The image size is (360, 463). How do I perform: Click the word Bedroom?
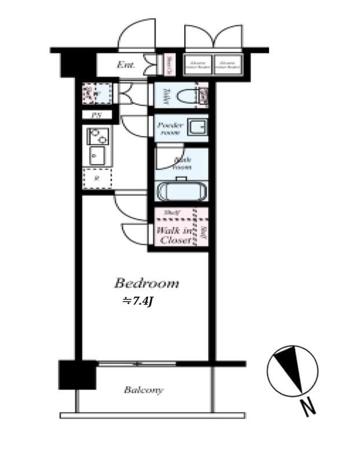[146, 284]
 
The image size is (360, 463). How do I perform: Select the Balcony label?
[144, 390]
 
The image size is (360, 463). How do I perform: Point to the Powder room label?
[170, 128]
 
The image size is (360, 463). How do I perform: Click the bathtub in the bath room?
[181, 192]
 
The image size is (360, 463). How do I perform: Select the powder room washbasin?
[196, 127]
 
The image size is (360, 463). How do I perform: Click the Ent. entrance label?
[126, 65]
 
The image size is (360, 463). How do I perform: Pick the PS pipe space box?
[97, 115]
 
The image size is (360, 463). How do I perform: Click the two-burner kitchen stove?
[97, 137]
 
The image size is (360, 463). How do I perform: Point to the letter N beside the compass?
[310, 408]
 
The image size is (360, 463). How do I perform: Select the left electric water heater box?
[199, 65]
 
